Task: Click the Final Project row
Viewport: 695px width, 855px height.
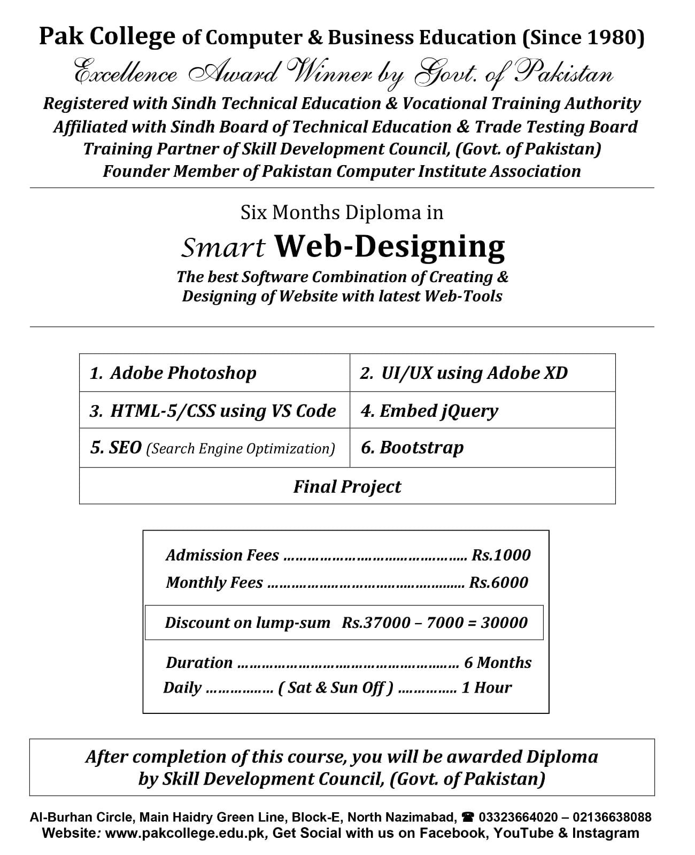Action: coord(347,486)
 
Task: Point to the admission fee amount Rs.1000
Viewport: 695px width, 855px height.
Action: coord(501,555)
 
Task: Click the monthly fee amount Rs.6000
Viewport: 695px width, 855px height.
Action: coord(498,582)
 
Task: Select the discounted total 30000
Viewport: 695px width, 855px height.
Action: coord(504,622)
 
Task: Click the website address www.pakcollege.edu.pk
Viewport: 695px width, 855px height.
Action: coord(185,833)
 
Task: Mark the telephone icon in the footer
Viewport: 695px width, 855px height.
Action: coord(468,817)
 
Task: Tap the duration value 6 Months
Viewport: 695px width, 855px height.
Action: coord(498,663)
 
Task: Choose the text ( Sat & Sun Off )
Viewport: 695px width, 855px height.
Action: coord(336,687)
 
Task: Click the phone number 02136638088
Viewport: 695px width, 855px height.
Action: coord(612,817)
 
